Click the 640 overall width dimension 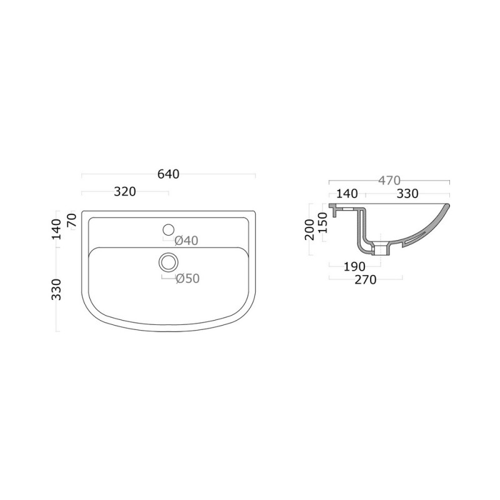[x=168, y=174]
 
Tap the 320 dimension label [x=125, y=192]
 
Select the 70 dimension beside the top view [x=71, y=220]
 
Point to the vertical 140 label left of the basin [x=56, y=229]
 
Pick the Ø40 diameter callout [x=186, y=240]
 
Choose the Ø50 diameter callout [x=187, y=279]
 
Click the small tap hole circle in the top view [x=167, y=229]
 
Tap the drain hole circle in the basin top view [x=167, y=261]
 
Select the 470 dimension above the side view [x=388, y=180]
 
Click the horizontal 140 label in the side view [x=347, y=194]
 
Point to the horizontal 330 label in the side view [x=407, y=194]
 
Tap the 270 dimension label [x=365, y=280]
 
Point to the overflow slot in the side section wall [x=417, y=236]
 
